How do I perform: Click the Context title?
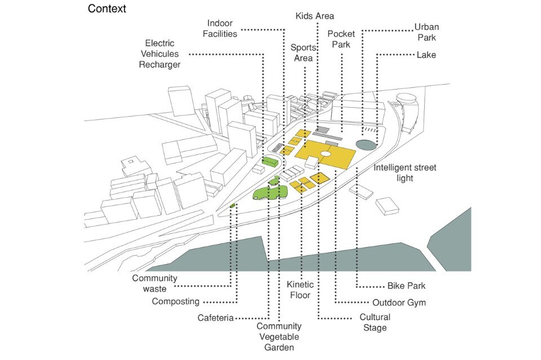pos(107,9)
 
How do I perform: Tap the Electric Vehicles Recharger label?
pos(159,54)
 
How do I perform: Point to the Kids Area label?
pos(315,16)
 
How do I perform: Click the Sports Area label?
pos(303,53)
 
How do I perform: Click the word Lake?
pos(426,55)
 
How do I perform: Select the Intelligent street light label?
pos(405,173)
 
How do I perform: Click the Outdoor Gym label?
pos(399,303)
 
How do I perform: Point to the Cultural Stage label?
pos(374,322)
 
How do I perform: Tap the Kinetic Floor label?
pos(300,290)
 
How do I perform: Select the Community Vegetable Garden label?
pos(279,337)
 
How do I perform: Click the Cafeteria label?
pos(215,318)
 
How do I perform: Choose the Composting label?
pos(175,301)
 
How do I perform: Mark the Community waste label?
pos(155,283)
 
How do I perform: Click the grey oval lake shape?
pos(366,145)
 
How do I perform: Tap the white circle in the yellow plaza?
pos(326,153)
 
